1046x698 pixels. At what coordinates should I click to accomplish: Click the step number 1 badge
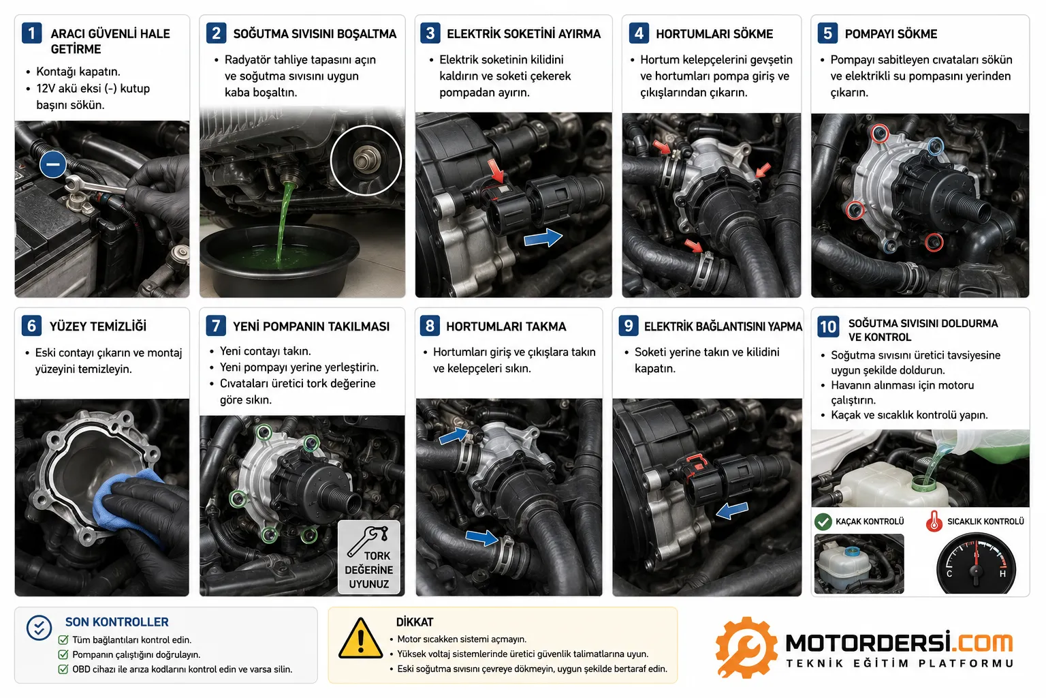click(32, 33)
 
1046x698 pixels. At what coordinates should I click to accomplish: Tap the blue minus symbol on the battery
click(52, 164)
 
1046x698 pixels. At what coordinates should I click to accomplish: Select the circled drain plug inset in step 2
click(366, 160)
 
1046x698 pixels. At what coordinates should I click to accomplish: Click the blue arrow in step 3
click(543, 238)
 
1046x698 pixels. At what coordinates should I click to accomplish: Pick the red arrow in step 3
click(497, 170)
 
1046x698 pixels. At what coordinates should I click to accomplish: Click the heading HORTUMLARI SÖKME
click(714, 33)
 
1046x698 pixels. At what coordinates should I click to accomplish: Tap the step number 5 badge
click(827, 33)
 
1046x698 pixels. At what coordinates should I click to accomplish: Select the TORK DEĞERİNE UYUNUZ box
click(368, 558)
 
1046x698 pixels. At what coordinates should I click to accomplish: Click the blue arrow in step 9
click(732, 511)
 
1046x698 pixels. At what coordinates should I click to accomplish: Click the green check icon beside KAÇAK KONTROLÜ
click(823, 521)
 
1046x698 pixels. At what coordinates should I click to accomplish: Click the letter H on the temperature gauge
click(1002, 574)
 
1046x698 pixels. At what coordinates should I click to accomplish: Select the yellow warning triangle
click(360, 639)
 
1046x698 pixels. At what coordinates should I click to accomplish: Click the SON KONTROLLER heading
click(116, 622)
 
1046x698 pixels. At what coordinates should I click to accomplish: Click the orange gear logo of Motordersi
click(746, 648)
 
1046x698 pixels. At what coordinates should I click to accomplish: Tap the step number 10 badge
click(828, 327)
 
